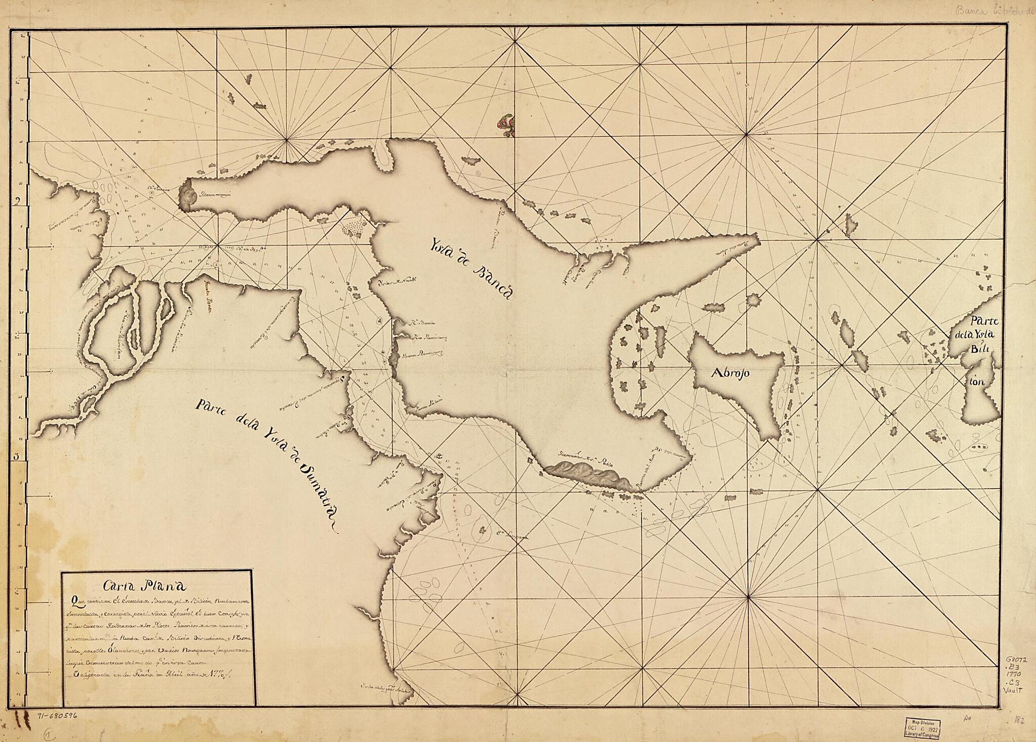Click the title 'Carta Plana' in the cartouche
pyautogui.click(x=145, y=587)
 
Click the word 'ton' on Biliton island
pyautogui.click(x=976, y=382)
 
